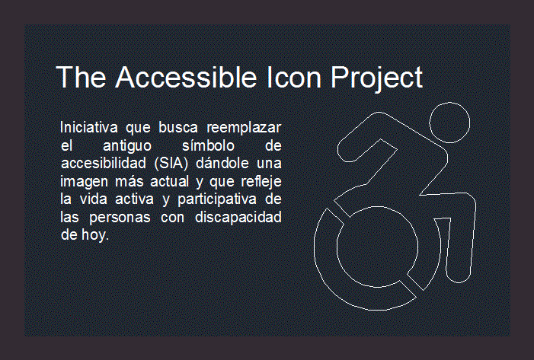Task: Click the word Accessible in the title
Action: click(x=186, y=77)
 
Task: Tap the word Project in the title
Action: click(x=376, y=79)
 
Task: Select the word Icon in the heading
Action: click(x=294, y=77)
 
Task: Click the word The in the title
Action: click(x=81, y=77)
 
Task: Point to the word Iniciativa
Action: click(x=89, y=127)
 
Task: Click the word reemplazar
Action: click(x=244, y=127)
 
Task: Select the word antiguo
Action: click(x=127, y=146)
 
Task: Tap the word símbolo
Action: click(x=209, y=145)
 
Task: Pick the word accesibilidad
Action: click(x=104, y=163)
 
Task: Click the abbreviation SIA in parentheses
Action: click(x=171, y=164)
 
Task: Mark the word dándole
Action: click(x=222, y=163)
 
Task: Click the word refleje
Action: click(x=261, y=182)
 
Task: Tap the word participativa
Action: click(x=217, y=199)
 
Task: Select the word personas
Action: click(x=120, y=218)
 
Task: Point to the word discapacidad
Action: click(x=238, y=217)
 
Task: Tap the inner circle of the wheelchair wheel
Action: click(x=377, y=206)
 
